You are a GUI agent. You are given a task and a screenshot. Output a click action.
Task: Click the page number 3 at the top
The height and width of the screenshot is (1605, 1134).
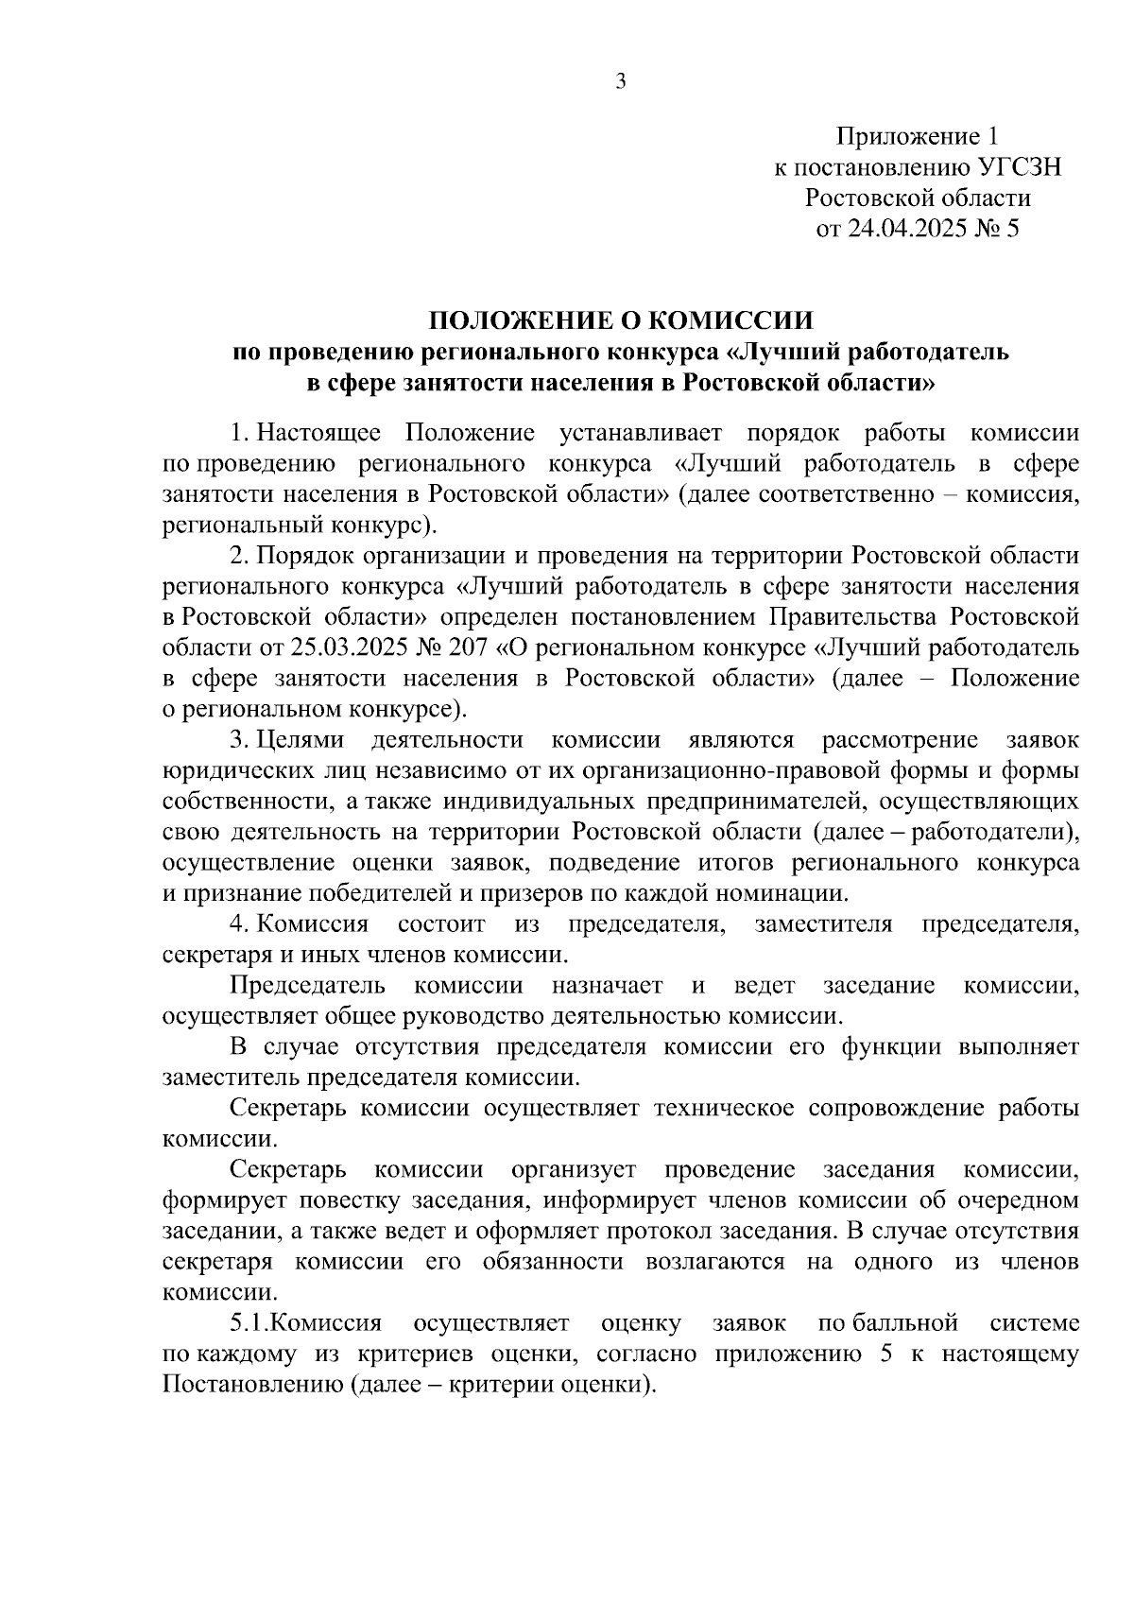click(x=621, y=82)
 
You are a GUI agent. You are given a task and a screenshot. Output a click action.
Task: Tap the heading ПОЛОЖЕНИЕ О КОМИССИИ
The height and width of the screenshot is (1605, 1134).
click(x=621, y=319)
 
